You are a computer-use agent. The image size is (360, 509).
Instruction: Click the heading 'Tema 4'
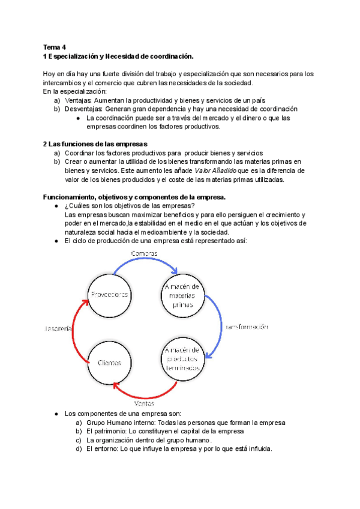click(x=55, y=47)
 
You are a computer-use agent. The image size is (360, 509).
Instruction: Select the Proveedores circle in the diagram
click(x=110, y=294)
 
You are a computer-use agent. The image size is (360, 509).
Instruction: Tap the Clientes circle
click(x=109, y=363)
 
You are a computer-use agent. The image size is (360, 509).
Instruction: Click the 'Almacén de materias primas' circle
click(x=184, y=295)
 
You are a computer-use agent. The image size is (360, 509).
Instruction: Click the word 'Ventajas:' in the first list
click(x=79, y=100)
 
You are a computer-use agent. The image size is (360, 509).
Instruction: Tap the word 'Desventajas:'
click(x=84, y=109)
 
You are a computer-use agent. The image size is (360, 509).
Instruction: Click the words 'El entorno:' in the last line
click(x=104, y=448)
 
